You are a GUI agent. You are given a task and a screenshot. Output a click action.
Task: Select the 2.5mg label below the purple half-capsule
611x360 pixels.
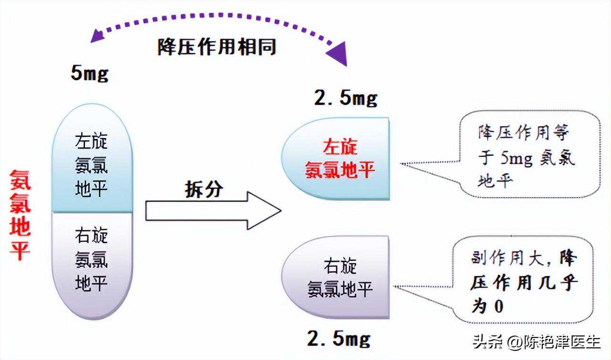pos(339,339)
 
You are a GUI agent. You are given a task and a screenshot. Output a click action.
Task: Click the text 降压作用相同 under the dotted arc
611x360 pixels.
pos(217,47)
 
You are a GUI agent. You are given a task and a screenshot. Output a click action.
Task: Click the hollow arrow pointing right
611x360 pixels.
pos(213,211)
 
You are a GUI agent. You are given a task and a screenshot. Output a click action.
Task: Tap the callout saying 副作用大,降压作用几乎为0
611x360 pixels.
pos(523,282)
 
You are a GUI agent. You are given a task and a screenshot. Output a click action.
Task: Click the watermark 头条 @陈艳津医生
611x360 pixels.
pos(537,342)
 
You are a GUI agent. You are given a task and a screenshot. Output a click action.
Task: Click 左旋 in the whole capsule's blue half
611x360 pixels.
pos(92,141)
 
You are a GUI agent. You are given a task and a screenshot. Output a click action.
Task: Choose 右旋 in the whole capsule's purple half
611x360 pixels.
pos(92,235)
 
